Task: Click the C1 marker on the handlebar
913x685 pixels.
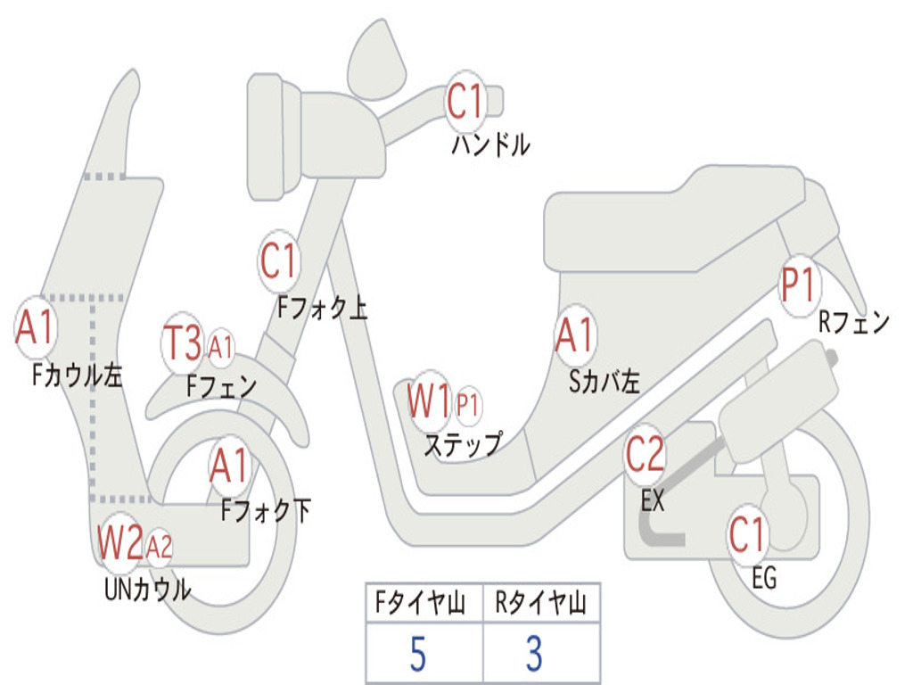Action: (x=465, y=101)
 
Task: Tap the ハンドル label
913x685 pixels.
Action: (x=490, y=144)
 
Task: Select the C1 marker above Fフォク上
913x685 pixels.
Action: (x=278, y=261)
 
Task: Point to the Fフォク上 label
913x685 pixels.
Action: (x=322, y=309)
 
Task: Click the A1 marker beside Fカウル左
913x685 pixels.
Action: (x=36, y=328)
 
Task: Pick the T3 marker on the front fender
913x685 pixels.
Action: (x=183, y=343)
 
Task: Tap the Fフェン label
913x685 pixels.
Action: (x=222, y=386)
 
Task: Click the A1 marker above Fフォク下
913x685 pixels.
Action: (x=230, y=465)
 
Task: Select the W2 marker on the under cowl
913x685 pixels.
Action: (x=119, y=542)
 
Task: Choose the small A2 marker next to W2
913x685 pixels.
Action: (x=159, y=546)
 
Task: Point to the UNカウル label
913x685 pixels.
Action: (x=147, y=590)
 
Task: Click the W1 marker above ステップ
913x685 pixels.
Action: (x=429, y=401)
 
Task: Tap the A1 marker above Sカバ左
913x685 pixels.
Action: (x=574, y=335)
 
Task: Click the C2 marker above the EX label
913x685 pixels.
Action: (x=645, y=455)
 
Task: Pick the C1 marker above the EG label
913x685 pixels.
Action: (x=747, y=534)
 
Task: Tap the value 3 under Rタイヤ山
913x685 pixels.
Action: (x=534, y=655)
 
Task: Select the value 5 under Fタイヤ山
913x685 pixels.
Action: (x=417, y=655)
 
